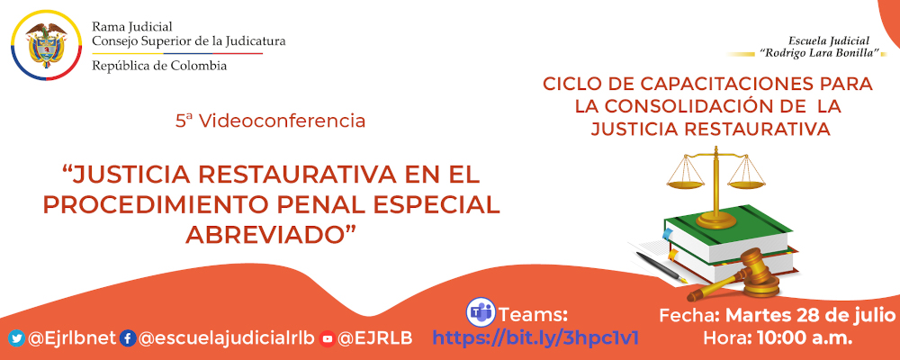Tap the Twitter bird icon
(16, 338)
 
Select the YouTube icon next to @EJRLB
(328, 338)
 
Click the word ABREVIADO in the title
(270, 232)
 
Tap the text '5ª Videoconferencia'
(270, 120)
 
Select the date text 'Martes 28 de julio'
(810, 315)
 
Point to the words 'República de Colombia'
(159, 66)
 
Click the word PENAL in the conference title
(338, 203)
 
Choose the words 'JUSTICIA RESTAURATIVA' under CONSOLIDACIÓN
(709, 129)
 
